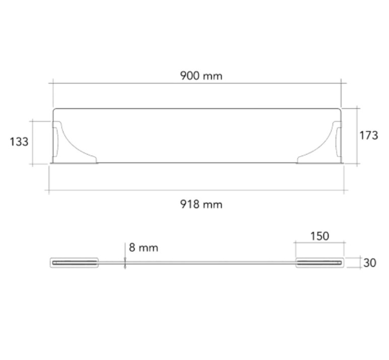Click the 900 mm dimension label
point(201,76)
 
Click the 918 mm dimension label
point(201,204)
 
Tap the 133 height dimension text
point(19,142)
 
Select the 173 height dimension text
point(368,135)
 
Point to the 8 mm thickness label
point(144,248)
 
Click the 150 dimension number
point(319,236)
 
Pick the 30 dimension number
point(370,263)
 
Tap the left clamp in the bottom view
point(75,262)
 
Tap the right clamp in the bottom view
point(320,262)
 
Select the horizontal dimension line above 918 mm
point(197,191)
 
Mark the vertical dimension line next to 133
point(33,142)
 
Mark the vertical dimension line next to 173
point(357,135)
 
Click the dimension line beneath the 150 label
point(319,243)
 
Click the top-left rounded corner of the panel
point(55,110)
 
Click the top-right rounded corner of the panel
point(340,110)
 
